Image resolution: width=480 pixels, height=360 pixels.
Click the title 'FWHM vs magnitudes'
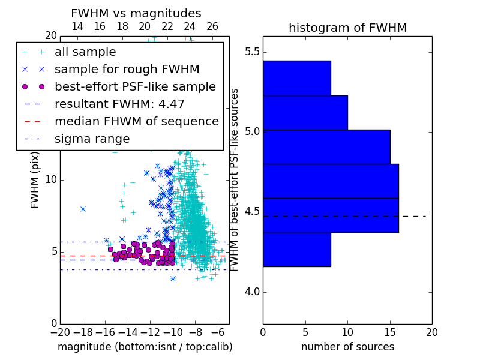click(136, 13)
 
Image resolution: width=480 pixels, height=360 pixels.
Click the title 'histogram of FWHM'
click(348, 28)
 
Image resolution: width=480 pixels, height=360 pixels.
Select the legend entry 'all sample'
click(85, 52)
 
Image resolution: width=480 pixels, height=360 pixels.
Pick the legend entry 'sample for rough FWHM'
click(127, 70)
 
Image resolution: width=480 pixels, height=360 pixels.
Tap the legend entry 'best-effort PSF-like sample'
click(136, 86)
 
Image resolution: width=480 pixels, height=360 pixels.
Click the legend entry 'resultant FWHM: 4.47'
click(119, 104)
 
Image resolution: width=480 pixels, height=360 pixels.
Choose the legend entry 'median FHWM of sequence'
click(137, 122)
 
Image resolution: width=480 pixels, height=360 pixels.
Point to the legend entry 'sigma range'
click(92, 139)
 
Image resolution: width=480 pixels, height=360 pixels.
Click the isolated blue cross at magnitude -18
click(83, 209)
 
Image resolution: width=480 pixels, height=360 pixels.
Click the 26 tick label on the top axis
click(212, 26)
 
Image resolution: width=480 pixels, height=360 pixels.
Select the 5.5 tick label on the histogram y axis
click(252, 52)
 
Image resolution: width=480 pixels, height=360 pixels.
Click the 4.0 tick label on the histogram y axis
click(252, 292)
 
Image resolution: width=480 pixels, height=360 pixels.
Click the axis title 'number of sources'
click(348, 347)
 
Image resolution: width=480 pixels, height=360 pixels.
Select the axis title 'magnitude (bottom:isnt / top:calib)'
click(145, 347)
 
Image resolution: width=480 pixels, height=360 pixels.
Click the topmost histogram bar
click(297, 79)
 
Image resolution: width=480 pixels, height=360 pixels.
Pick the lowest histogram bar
click(297, 250)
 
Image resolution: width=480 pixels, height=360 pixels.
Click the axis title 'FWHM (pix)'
click(35, 181)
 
